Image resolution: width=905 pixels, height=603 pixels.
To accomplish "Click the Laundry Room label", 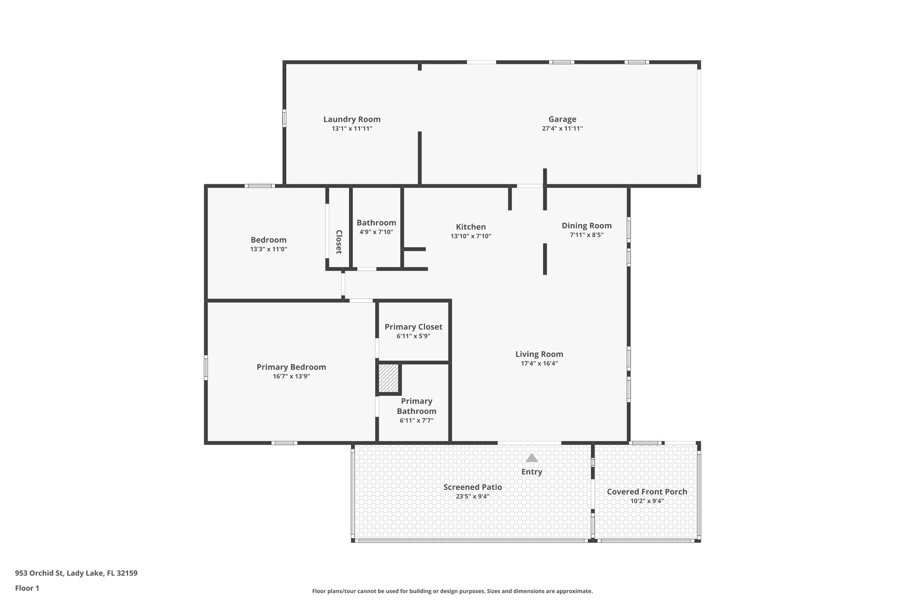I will pos(352,119).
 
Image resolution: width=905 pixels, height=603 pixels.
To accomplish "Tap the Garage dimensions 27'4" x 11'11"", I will pos(562,129).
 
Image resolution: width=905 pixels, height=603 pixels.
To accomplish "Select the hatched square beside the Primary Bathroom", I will pos(389,378).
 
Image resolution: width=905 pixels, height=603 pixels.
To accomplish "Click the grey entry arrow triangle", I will pos(532,458).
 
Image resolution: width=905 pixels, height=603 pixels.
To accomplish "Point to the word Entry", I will pos(532,472).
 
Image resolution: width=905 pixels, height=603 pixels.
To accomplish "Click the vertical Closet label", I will pos(339,242).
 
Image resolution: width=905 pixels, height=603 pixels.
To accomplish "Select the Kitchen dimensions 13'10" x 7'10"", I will pos(471,236).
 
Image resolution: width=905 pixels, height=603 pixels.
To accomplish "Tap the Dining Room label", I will pos(586,226).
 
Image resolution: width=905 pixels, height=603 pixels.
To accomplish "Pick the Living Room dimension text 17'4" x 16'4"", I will pos(539,364).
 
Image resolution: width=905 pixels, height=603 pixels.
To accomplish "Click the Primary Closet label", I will pos(413,327).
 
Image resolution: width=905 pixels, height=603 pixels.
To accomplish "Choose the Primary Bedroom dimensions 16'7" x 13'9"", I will pos(291,376).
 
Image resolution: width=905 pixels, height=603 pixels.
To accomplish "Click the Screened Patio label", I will pos(472,487).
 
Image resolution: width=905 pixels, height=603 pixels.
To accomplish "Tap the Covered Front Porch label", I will pos(647,492).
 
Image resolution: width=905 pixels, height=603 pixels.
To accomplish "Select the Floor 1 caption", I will pos(27,588).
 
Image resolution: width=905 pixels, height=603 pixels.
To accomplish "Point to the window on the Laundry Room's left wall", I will pos(284,118).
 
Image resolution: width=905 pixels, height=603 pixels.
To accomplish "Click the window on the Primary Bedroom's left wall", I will pos(205,368).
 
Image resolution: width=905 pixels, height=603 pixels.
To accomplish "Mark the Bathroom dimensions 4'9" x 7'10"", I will pos(376,232).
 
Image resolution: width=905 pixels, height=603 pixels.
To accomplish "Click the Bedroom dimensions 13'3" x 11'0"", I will pos(268,249).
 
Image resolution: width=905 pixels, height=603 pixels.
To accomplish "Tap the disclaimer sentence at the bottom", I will pos(452,591).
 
